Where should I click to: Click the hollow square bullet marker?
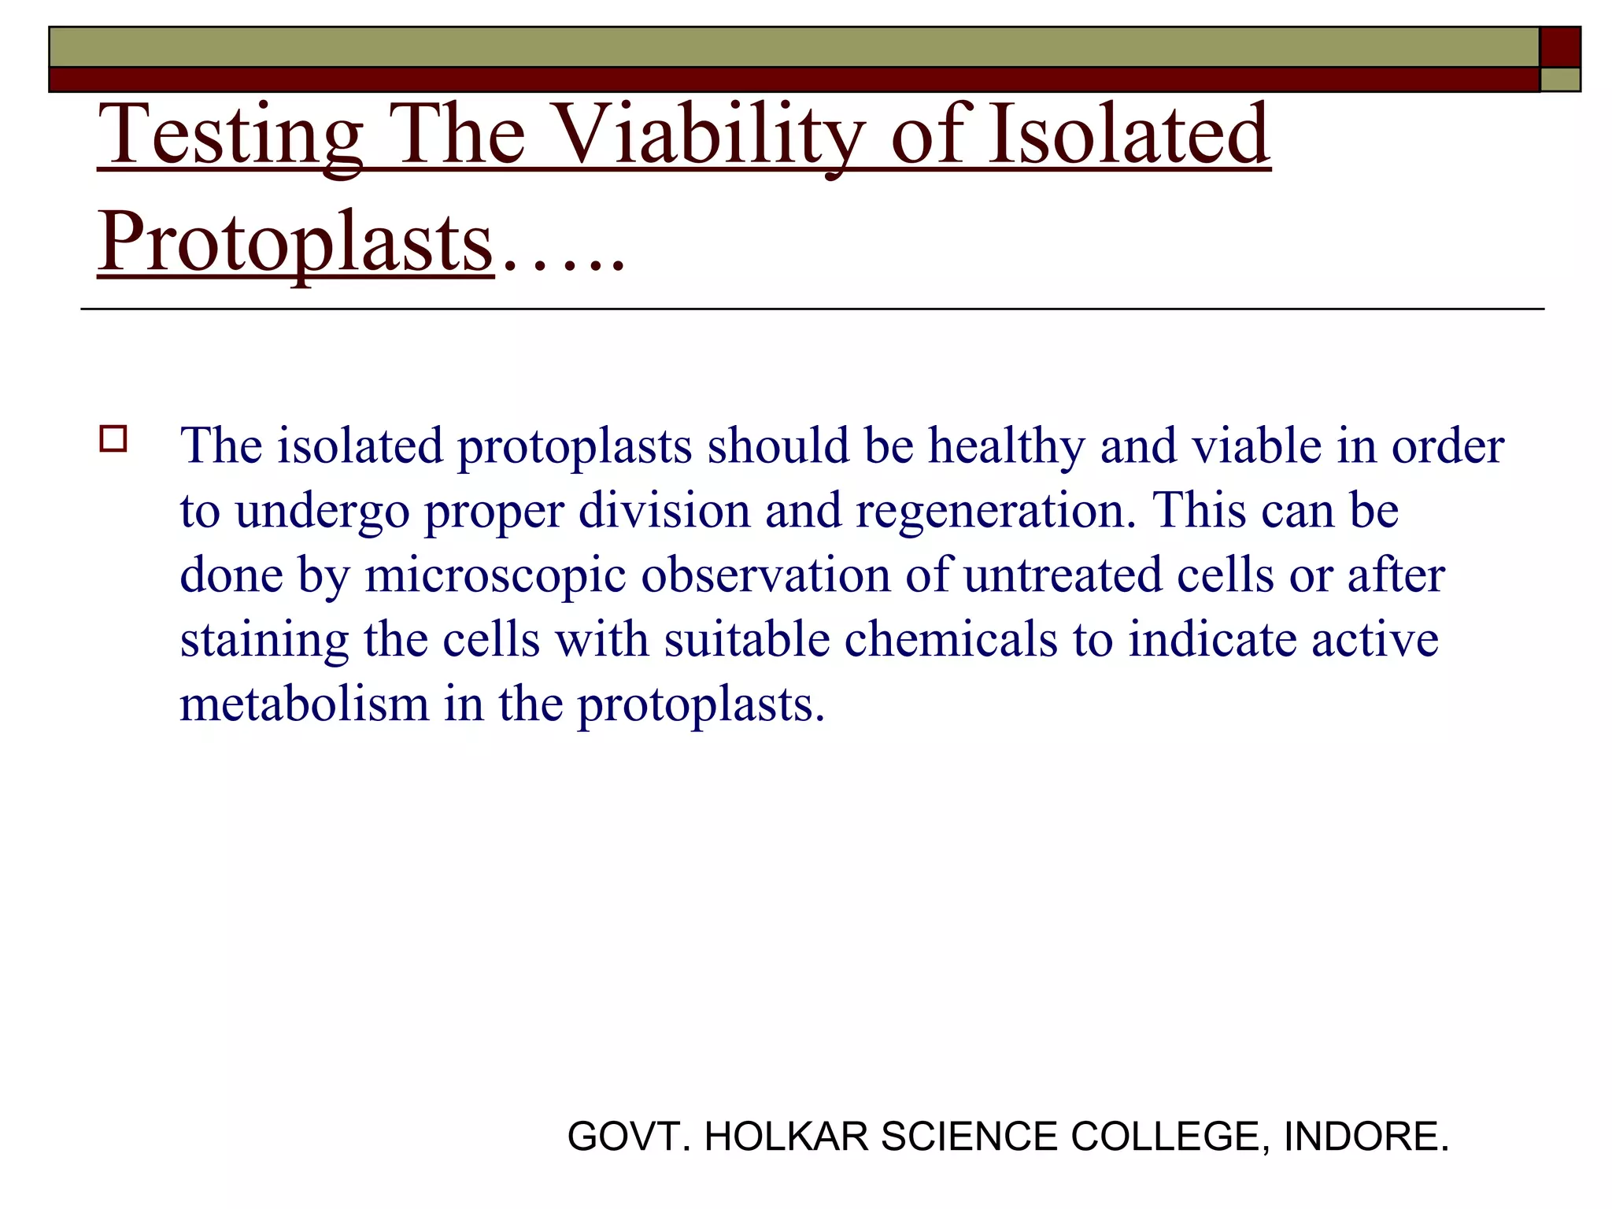[x=113, y=438]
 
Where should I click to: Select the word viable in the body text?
[x=1256, y=446]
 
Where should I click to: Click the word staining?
[x=264, y=641]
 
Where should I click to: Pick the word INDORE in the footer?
[x=1366, y=1137]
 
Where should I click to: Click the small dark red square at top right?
[x=1559, y=47]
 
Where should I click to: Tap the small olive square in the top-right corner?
[x=1560, y=79]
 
